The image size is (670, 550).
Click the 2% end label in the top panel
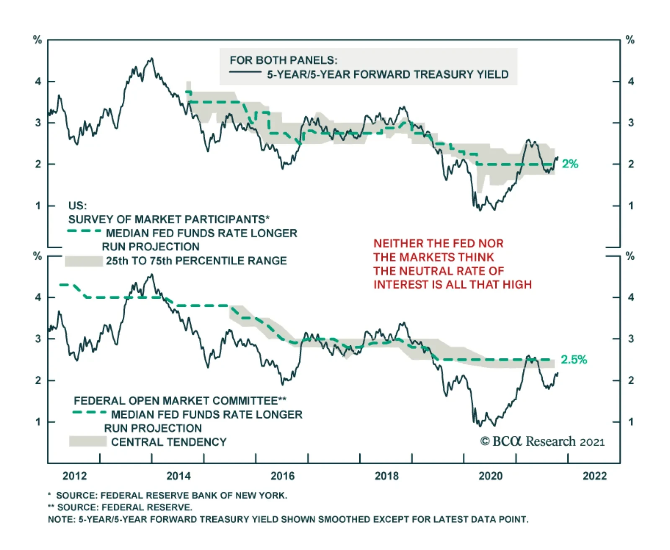[x=569, y=164]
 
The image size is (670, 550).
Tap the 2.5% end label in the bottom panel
[x=574, y=360]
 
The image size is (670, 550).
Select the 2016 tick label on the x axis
[x=283, y=476]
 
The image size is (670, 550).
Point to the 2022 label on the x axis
[x=595, y=476]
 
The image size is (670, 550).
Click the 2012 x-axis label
[x=75, y=476]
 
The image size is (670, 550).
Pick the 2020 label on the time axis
[x=490, y=476]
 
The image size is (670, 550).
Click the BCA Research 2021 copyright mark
[x=543, y=442]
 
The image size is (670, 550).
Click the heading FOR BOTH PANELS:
[x=283, y=60]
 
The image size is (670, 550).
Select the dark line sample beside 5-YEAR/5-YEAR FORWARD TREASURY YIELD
[x=245, y=73]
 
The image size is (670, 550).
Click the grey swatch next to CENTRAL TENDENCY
[x=88, y=442]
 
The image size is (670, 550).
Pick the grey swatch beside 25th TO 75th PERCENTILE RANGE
[x=84, y=261]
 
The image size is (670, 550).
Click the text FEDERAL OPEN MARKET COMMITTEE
[x=175, y=401]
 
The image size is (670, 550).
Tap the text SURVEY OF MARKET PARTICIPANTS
[x=167, y=219]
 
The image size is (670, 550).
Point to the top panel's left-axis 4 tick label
[x=38, y=81]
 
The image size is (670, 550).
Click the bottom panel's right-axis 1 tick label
[x=631, y=422]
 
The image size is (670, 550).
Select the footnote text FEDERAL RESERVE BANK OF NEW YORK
[x=194, y=496]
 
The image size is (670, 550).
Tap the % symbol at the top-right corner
[x=630, y=40]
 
